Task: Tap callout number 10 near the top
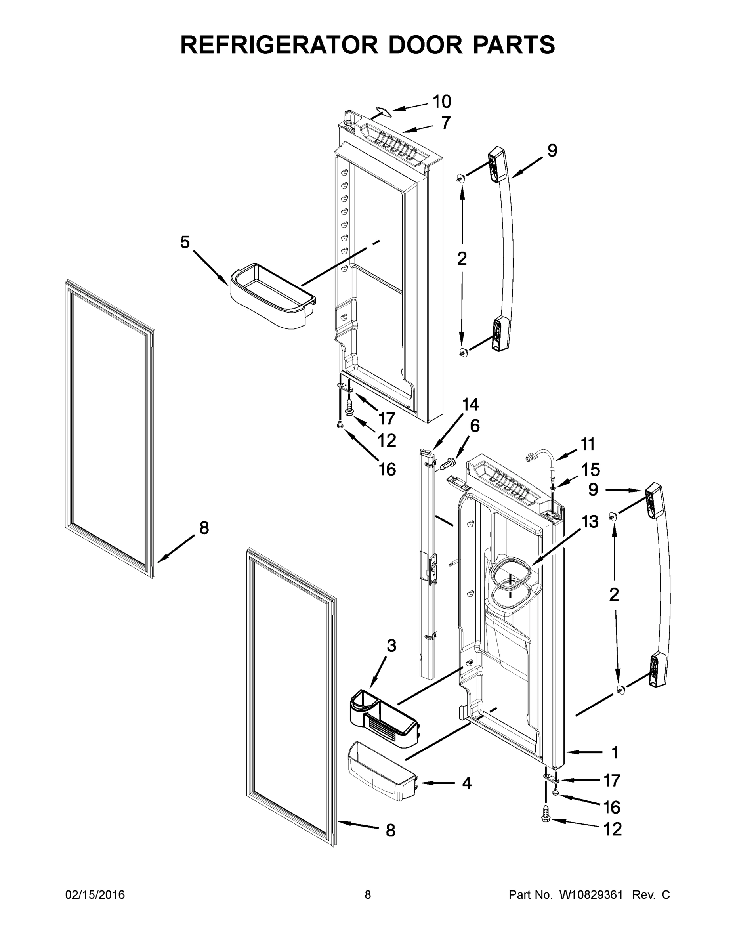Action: (x=441, y=102)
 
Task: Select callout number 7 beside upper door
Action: (x=445, y=123)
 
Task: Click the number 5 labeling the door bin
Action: (x=185, y=242)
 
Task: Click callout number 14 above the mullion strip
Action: (x=470, y=405)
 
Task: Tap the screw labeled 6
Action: (x=449, y=462)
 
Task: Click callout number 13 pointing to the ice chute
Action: (x=590, y=521)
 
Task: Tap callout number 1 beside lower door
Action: (x=615, y=752)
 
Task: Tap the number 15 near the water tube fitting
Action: (x=590, y=470)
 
